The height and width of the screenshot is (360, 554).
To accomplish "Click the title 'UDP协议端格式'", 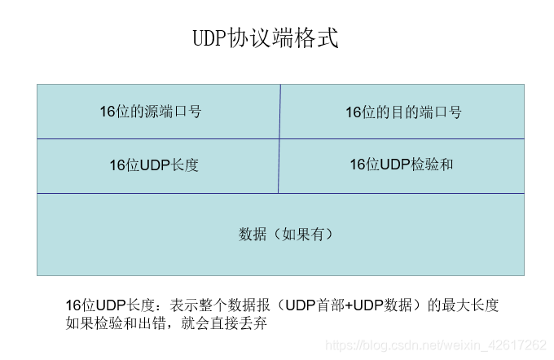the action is point(264,38).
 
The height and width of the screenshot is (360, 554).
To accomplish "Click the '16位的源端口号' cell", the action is point(150,112).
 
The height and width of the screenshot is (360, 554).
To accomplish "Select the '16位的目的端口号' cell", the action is point(402,112).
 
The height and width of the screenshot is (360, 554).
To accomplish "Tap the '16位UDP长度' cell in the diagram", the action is point(154,165).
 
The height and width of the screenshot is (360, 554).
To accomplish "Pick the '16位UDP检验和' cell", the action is point(401,165).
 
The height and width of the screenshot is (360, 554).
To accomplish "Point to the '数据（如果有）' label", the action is point(286,235).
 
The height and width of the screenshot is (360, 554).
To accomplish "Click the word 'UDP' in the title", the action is point(209,38).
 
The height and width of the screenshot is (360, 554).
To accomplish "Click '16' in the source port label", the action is point(107,112).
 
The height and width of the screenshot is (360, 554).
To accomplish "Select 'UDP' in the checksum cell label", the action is point(394,165).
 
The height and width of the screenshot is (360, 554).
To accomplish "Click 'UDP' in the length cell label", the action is point(153,165).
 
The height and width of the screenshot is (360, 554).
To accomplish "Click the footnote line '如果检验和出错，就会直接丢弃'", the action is point(167,323).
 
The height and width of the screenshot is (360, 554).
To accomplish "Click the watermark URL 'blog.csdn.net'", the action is point(406,345).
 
